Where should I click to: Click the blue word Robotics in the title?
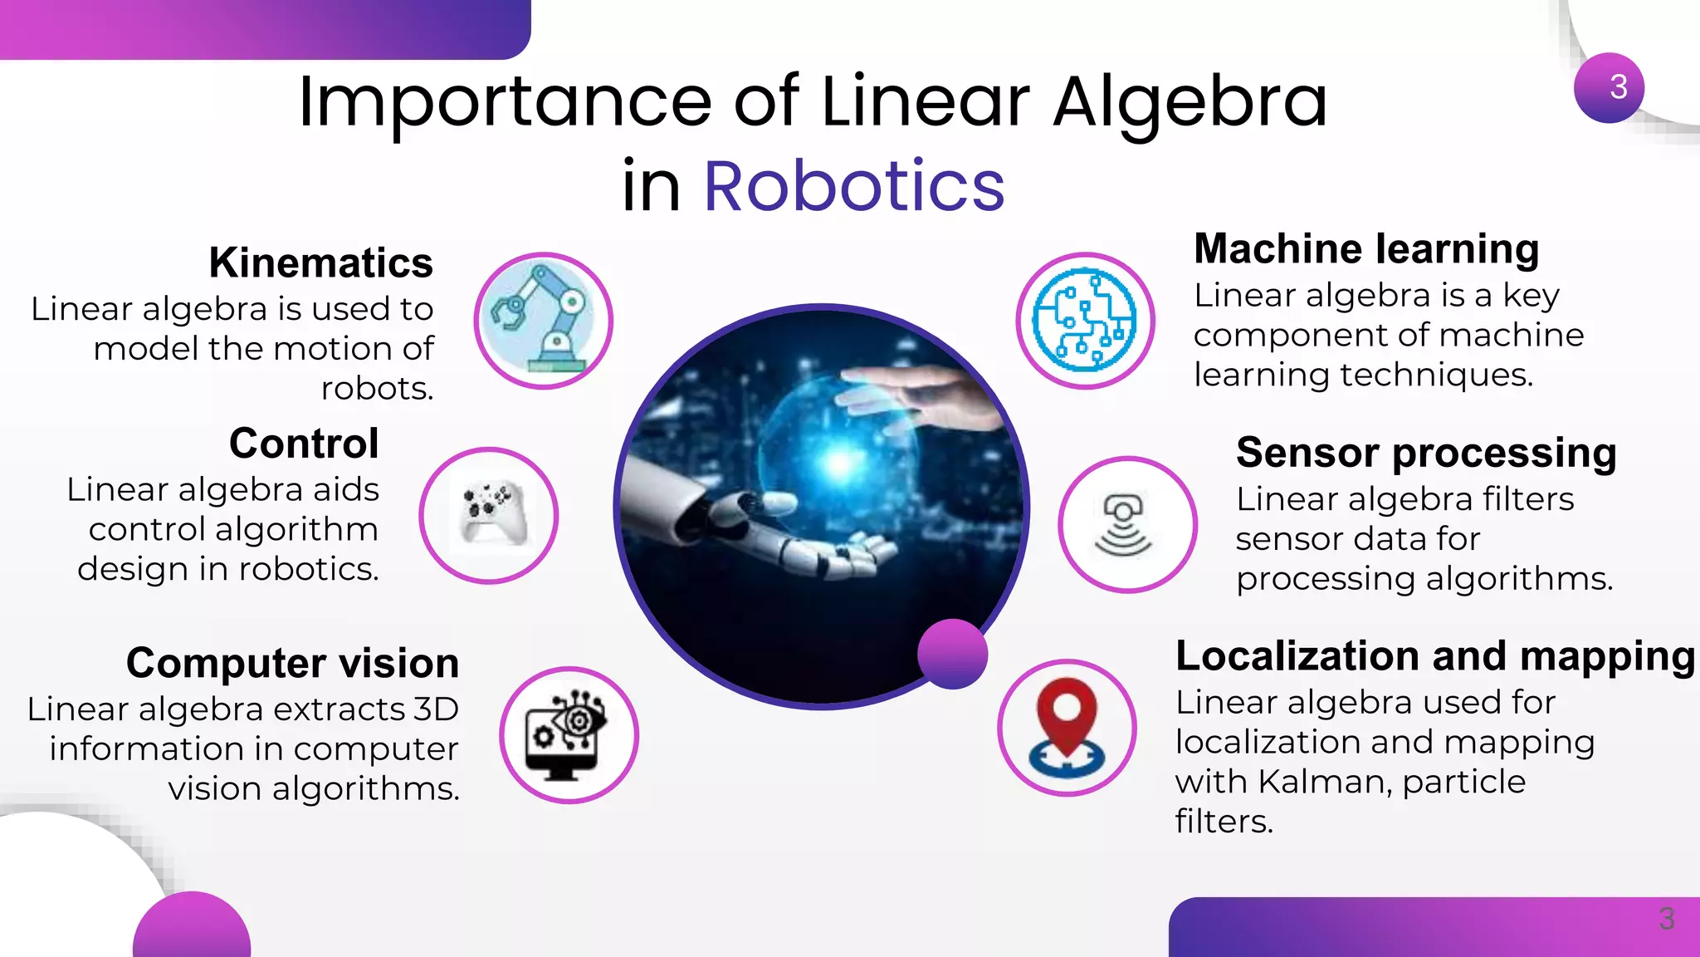click(854, 186)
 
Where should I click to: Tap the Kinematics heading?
click(320, 263)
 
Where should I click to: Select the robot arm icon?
click(543, 321)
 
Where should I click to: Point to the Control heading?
click(304, 443)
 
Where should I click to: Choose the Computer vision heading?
click(292, 663)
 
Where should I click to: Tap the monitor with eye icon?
click(569, 734)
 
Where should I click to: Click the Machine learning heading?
click(1366, 248)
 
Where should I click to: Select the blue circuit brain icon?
click(1085, 320)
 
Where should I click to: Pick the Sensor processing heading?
click(1426, 453)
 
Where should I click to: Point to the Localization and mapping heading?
click(1435, 656)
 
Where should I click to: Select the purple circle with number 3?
click(1609, 88)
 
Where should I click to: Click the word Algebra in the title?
click(1190, 103)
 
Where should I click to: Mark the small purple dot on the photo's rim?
click(953, 654)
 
